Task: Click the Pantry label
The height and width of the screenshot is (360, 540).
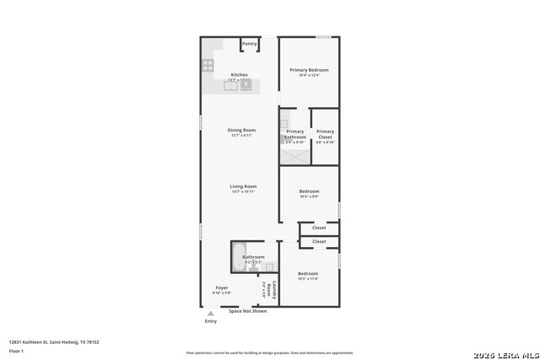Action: (250, 44)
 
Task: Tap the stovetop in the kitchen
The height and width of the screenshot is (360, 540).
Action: (207, 64)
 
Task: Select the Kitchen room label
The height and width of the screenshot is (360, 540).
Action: (240, 74)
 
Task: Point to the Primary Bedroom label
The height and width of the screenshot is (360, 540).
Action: (309, 70)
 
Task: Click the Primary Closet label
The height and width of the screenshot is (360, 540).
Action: (325, 132)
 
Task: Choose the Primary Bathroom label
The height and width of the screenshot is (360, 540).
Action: (295, 134)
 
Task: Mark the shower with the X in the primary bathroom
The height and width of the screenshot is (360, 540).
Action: (295, 155)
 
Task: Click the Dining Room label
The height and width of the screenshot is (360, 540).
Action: (241, 130)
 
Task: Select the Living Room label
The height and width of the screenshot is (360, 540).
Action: (243, 186)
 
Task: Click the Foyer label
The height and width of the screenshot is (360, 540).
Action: (221, 287)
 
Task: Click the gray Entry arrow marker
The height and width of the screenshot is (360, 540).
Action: (211, 313)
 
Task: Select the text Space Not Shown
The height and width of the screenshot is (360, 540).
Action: (248, 311)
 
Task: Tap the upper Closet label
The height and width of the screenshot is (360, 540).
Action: (319, 228)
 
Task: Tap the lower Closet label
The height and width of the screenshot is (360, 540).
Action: (319, 242)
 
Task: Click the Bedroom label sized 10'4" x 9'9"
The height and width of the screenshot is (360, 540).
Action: (308, 191)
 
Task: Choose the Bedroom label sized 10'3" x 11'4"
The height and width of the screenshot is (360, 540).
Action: (307, 273)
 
